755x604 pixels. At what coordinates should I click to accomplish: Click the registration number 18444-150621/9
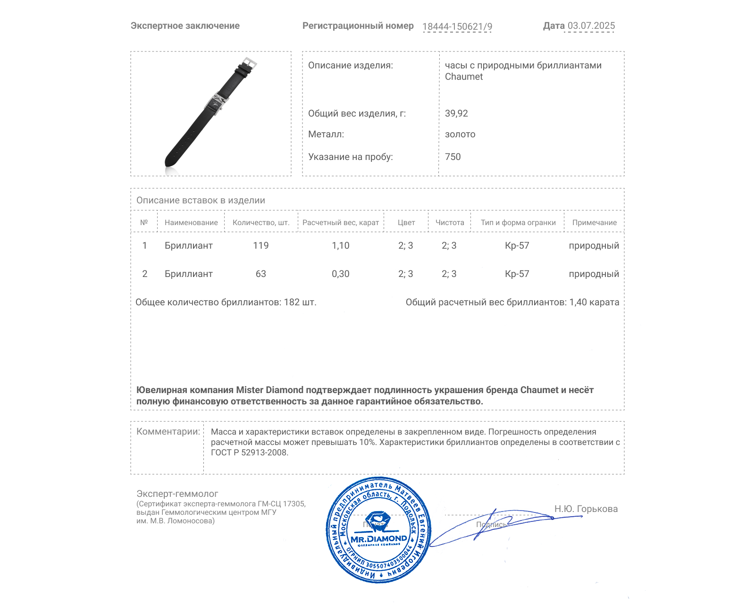(457, 26)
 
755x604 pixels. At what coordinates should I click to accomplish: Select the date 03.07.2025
(591, 26)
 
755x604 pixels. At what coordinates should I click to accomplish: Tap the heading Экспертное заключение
(185, 26)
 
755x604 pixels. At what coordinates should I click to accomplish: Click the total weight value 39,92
(456, 113)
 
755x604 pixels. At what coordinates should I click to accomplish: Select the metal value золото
(460, 134)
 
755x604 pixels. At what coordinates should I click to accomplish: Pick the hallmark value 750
(453, 157)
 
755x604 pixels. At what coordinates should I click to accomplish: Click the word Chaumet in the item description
(463, 77)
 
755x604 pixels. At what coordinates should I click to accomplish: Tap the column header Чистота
(449, 223)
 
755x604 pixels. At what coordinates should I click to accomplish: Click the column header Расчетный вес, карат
(340, 223)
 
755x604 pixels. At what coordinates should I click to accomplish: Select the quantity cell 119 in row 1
(260, 245)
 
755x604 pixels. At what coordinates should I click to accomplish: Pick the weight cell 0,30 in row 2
(340, 274)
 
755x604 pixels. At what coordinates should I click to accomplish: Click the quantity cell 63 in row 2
(260, 274)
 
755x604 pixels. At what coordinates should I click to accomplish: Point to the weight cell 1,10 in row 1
(340, 245)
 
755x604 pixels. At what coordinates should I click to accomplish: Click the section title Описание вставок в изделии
(201, 200)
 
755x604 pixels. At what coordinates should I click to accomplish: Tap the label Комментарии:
(168, 431)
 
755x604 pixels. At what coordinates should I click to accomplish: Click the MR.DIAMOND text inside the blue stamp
(378, 539)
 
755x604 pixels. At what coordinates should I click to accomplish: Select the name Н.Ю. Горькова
(586, 509)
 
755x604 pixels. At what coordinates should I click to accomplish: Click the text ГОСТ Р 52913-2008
(249, 453)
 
